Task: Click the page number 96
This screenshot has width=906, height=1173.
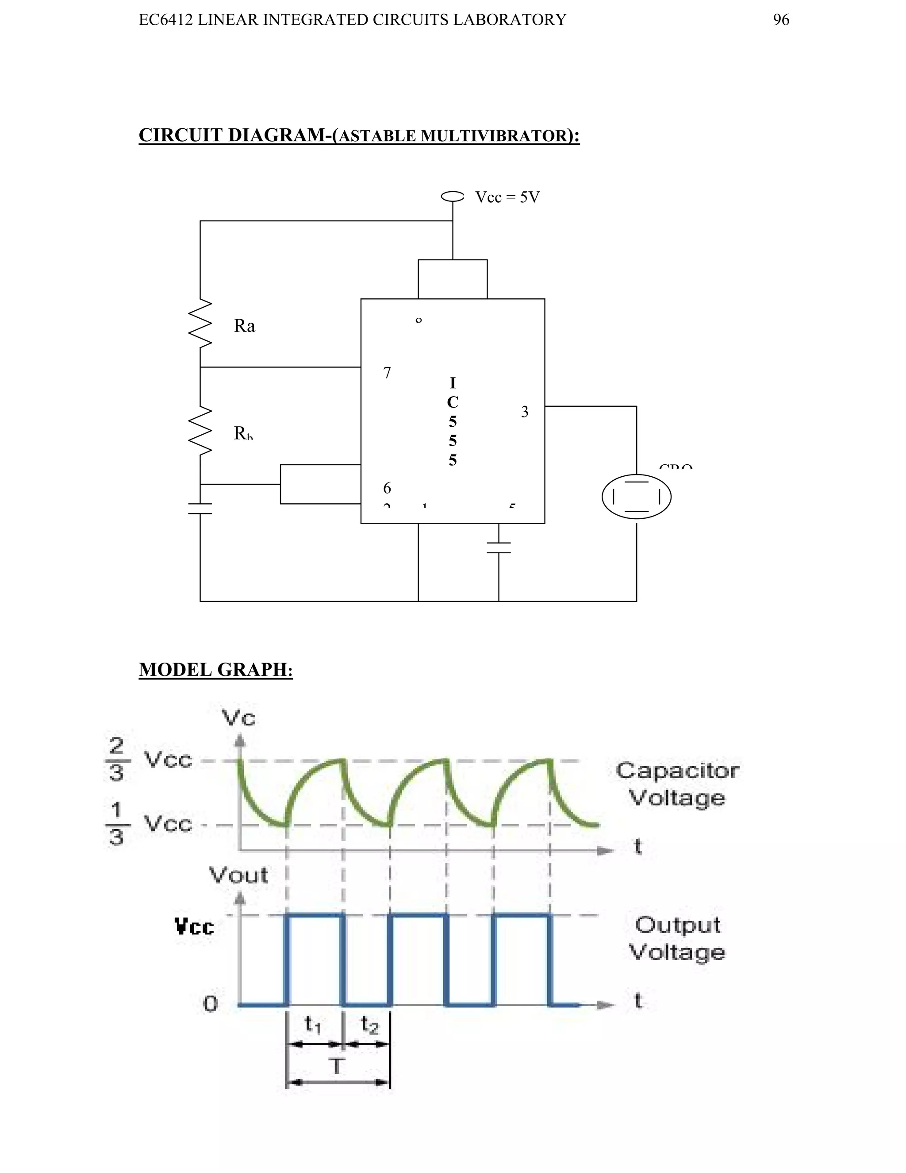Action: point(780,20)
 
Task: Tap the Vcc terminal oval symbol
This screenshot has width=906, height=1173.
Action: point(453,197)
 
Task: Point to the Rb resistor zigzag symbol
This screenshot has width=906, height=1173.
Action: point(200,431)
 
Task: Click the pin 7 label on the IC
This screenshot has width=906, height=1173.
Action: point(387,373)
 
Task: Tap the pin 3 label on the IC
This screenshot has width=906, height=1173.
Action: point(524,412)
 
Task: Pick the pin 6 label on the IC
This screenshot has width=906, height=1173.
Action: point(387,488)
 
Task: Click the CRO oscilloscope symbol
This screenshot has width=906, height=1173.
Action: point(636,497)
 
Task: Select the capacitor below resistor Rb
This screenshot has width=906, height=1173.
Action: point(200,509)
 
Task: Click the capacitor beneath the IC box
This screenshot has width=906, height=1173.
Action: point(499,547)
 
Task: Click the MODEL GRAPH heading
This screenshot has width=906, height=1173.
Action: point(216,670)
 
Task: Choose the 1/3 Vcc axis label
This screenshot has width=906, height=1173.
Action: point(148,823)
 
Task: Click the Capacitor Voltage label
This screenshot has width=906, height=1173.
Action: point(677,784)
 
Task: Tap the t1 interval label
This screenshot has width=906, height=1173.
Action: point(313,1024)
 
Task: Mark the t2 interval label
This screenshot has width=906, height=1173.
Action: point(369,1024)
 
